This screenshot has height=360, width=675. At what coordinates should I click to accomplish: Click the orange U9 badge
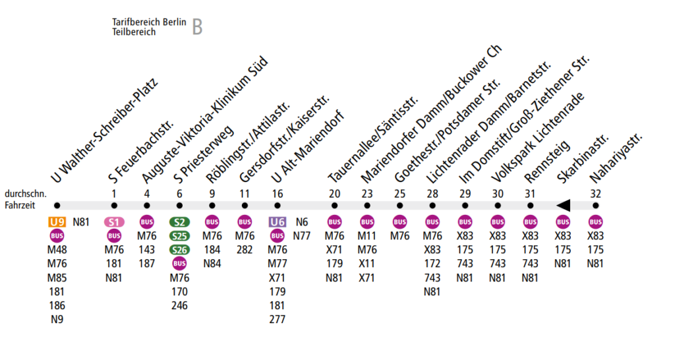[x=57, y=222]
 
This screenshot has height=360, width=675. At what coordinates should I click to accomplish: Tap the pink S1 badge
[x=115, y=222]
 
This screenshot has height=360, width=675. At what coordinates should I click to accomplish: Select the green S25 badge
[x=179, y=235]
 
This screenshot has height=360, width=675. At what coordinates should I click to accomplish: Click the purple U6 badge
[x=278, y=222]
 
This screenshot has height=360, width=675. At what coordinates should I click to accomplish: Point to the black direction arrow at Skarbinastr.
[x=563, y=205]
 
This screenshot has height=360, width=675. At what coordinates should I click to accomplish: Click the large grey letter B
[x=197, y=27]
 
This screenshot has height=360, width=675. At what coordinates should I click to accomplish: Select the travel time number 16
[x=278, y=193]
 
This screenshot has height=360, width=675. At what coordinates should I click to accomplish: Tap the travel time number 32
[x=596, y=193]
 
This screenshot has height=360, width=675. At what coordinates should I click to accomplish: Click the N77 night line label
[x=302, y=235]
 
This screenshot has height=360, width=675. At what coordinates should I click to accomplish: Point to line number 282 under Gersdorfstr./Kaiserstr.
[x=245, y=249]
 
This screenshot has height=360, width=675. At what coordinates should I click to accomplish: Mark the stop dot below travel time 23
[x=367, y=206]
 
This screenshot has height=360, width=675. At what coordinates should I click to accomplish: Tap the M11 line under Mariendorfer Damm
[x=367, y=235]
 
